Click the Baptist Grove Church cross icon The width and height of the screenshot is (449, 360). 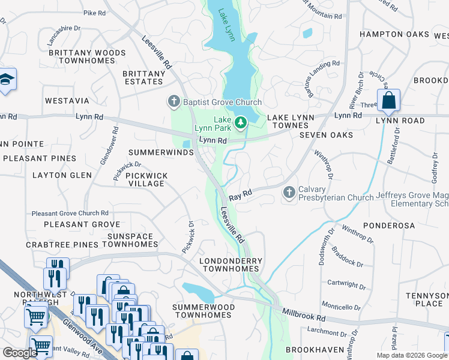(x=175, y=101)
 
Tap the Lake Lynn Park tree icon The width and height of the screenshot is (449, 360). (x=241, y=123)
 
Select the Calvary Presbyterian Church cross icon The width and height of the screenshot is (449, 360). (x=289, y=193)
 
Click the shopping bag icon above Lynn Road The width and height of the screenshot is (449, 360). (x=389, y=100)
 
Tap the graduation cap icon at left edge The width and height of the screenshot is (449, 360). (x=6, y=79)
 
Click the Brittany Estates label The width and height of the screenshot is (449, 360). (x=143, y=77)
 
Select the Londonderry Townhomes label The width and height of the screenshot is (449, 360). (x=231, y=265)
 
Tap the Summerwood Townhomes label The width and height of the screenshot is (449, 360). (x=203, y=311)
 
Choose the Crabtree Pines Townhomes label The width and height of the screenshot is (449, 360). (x=92, y=245)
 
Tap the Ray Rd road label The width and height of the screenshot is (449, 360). (x=239, y=196)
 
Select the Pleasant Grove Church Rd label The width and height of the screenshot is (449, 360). (x=70, y=213)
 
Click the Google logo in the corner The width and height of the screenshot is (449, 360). (x=20, y=353)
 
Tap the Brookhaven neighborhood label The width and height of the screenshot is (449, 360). (x=315, y=349)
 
